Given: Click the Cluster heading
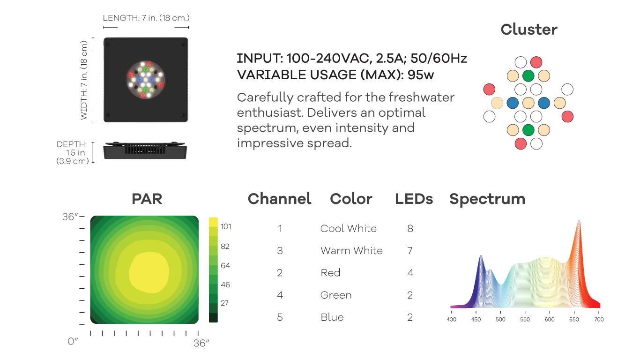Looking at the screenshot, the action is [x=529, y=30].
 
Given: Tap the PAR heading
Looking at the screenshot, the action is [x=147, y=199].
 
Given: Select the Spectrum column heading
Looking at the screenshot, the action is [x=487, y=199].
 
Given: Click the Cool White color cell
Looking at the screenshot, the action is [x=348, y=228].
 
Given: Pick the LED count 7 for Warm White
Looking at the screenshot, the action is [x=410, y=250].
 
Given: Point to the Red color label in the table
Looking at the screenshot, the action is [x=330, y=272].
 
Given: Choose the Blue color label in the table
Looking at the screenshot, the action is [x=332, y=317].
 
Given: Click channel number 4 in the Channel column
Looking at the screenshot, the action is [x=280, y=295].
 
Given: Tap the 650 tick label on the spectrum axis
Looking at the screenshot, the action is [x=574, y=319].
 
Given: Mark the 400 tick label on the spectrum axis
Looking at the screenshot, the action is [x=452, y=319].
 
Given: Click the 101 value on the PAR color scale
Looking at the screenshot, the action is [x=226, y=226].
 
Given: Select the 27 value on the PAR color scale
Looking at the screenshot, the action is [x=224, y=303].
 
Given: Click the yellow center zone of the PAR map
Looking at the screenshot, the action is [x=149, y=272].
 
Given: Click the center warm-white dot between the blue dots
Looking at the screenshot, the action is [x=528, y=103].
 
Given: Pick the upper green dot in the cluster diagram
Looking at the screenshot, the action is [x=528, y=76].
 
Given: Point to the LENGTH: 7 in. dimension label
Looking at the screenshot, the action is [x=146, y=18].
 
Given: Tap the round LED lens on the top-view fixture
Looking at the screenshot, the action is [x=146, y=80].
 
